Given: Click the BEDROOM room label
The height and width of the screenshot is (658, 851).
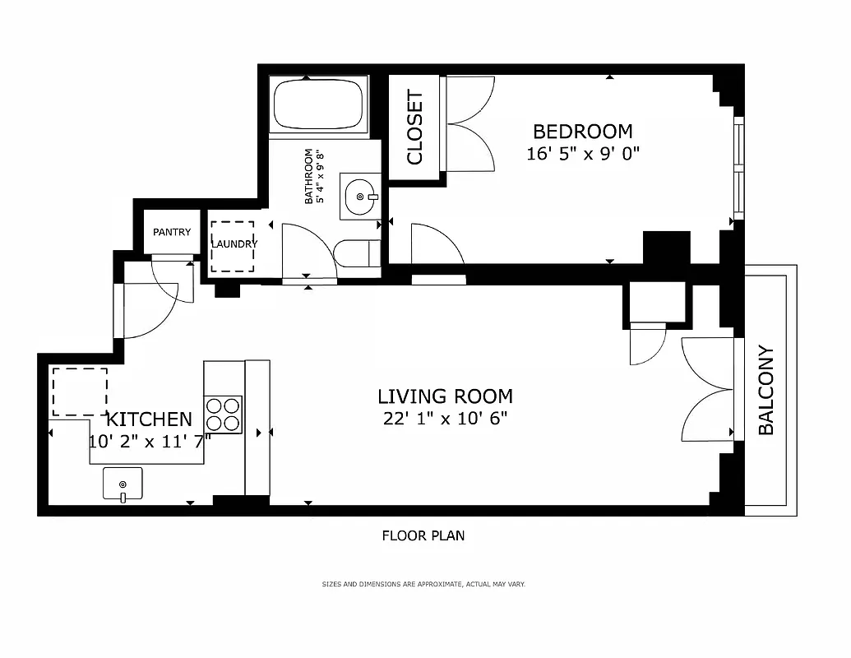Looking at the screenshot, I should pyautogui.click(x=583, y=132).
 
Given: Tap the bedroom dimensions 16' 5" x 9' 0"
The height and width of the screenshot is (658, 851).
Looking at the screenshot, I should pyautogui.click(x=583, y=153).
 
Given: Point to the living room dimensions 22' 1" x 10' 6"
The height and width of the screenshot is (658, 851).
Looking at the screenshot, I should pyautogui.click(x=445, y=418).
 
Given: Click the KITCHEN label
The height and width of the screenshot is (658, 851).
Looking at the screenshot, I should pyautogui.click(x=150, y=419).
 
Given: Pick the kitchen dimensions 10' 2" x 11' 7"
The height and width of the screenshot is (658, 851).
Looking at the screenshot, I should pyautogui.click(x=150, y=440).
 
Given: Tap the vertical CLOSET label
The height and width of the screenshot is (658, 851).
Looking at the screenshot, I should pyautogui.click(x=414, y=127).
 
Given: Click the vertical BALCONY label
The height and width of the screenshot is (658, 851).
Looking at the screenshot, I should pyautogui.click(x=765, y=391).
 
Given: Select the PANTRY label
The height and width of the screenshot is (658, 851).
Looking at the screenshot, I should pyautogui.click(x=172, y=233).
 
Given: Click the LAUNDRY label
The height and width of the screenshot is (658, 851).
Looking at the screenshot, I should pyautogui.click(x=234, y=244).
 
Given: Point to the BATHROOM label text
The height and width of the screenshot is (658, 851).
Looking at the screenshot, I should pyautogui.click(x=309, y=176).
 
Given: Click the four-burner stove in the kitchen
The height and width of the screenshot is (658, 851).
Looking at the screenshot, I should pyautogui.click(x=223, y=415).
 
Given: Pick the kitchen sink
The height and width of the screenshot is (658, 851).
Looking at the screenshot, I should pyautogui.click(x=123, y=484).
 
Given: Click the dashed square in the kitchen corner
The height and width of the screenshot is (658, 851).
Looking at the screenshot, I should pyautogui.click(x=80, y=392).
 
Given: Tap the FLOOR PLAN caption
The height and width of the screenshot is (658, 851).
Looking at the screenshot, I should pyautogui.click(x=423, y=536).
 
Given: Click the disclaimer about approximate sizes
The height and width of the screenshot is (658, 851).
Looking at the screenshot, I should pyautogui.click(x=423, y=584).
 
